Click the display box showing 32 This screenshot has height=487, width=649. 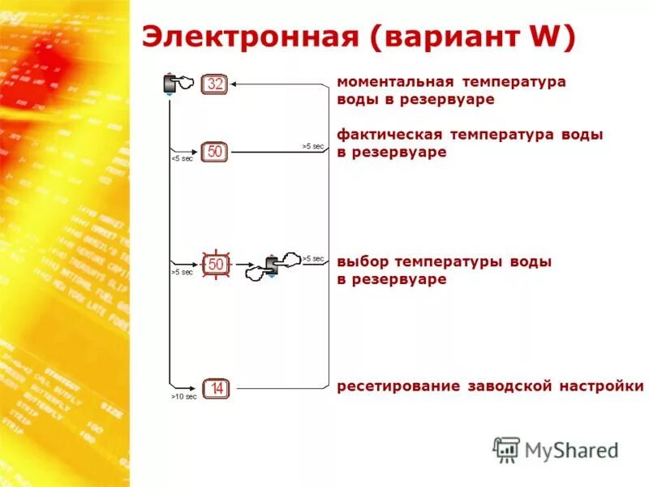tap(215, 84)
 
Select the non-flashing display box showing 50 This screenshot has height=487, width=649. tap(215, 152)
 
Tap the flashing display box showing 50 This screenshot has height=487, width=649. tap(216, 264)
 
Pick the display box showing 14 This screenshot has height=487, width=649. tap(216, 390)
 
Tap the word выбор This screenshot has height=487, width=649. tap(363, 262)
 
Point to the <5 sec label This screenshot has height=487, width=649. tap(182, 158)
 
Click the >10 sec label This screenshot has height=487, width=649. tap(184, 397)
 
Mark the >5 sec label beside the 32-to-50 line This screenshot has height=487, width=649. tap(312, 146)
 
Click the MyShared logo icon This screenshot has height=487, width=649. tap(506, 450)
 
